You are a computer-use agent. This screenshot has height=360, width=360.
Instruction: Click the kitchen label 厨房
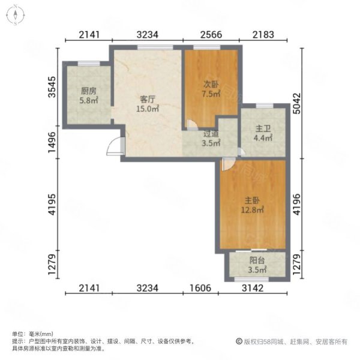[x=89, y=91]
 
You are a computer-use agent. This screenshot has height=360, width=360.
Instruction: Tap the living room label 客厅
[x=148, y=98]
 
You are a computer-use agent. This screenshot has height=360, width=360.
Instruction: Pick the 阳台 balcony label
[x=257, y=261]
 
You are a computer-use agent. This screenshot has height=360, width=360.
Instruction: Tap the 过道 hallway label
[x=211, y=135]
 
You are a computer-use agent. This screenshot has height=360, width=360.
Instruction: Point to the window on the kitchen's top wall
[x=88, y=63]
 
